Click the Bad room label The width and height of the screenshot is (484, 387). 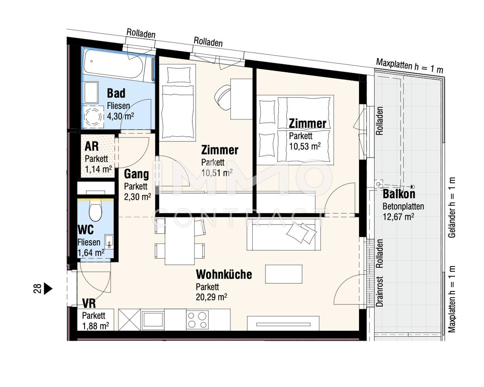coord(116,93)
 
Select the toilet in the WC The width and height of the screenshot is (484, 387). coord(95,210)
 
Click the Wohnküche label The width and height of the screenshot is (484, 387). coord(224,275)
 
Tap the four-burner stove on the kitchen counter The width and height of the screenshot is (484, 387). coord(197,320)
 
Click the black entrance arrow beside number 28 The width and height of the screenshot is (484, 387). coord(48,289)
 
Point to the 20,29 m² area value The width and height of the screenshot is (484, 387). coord(211,297)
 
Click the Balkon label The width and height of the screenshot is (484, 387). coord(399,194)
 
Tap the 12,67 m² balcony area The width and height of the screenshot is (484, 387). coord(398,217)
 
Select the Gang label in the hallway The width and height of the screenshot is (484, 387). coord(136,174)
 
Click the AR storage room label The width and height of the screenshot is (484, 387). coord(92,146)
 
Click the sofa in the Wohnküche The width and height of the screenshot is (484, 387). coord(284,235)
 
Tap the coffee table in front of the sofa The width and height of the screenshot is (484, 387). coord(284,274)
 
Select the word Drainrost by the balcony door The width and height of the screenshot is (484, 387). coord(380,291)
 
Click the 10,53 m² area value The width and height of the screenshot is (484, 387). coord(305,146)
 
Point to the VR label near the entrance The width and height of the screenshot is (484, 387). coord(89,303)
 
